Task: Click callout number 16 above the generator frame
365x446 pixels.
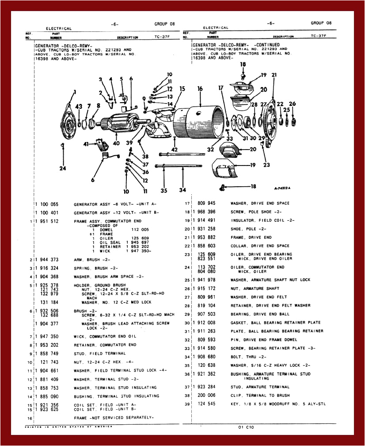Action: click(x=200, y=89)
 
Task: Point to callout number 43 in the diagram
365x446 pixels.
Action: click(x=79, y=107)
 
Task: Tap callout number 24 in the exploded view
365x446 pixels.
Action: click(x=63, y=168)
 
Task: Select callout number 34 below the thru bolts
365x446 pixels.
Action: click(x=182, y=190)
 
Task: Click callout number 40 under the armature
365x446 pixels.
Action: click(x=116, y=143)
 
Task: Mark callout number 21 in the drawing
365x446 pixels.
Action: click(x=274, y=75)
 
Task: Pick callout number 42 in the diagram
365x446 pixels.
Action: click(x=175, y=150)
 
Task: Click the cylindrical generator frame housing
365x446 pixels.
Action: click(x=199, y=119)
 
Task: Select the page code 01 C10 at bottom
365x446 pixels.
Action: click(x=246, y=427)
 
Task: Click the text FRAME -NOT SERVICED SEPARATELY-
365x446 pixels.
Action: click(x=114, y=417)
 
